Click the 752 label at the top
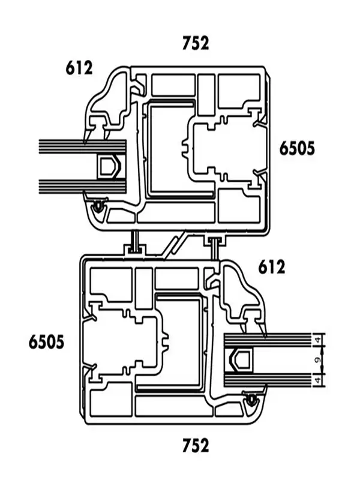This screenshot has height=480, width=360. coord(196,43)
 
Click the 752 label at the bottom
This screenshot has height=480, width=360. coord(196,445)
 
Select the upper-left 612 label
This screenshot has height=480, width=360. coord(79,68)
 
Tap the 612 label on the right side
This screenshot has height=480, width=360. coord(272,267)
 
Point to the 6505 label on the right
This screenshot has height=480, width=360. coord(297,149)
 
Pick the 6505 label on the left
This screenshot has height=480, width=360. coord(47,342)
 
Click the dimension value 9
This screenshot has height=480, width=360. coord(319,360)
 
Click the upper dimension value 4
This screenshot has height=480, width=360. coord(319,340)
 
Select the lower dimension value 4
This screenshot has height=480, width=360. coord(319,380)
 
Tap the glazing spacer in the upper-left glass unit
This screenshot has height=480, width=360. coord(109,167)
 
